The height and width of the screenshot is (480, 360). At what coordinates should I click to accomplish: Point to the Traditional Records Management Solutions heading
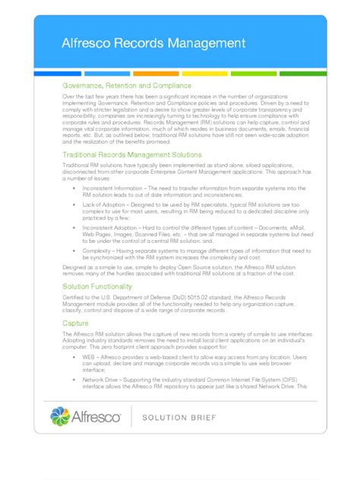click(131, 154)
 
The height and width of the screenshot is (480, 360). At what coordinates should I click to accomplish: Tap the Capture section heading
click(74, 323)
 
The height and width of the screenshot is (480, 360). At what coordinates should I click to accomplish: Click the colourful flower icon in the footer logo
click(60, 415)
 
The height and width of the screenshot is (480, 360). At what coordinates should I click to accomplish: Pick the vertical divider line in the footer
click(131, 416)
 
